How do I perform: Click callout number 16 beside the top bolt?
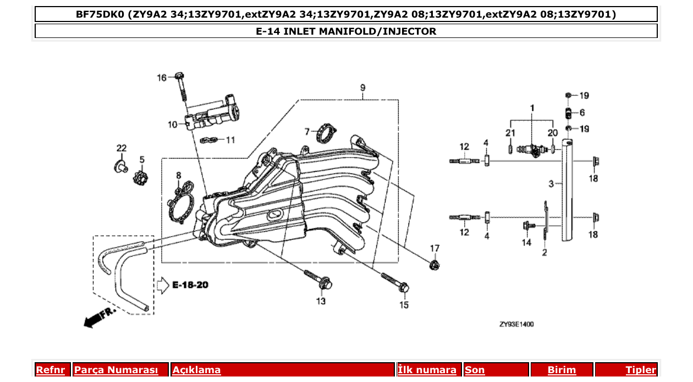click(x=162, y=78)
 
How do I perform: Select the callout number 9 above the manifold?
click(x=363, y=88)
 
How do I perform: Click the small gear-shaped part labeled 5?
click(x=141, y=178)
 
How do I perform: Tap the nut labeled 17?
click(x=435, y=266)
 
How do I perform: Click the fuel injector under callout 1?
click(x=532, y=149)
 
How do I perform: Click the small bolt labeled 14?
click(x=527, y=225)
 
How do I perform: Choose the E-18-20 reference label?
click(x=190, y=285)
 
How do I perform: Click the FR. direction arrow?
click(x=97, y=318)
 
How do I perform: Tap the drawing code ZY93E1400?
click(x=516, y=325)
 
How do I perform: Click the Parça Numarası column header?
click(x=116, y=370)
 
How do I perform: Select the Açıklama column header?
click(x=196, y=370)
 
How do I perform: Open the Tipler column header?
click(x=640, y=370)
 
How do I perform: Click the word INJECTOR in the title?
click(x=409, y=31)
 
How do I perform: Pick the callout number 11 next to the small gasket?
click(x=230, y=140)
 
